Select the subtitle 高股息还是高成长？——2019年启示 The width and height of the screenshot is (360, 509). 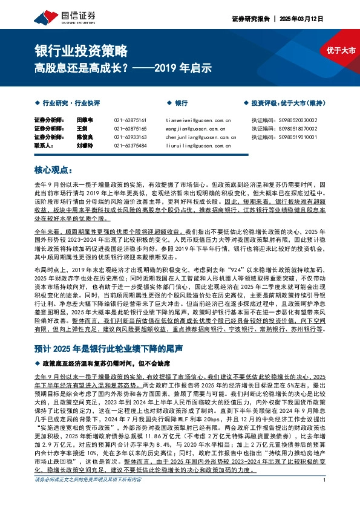[x=123, y=68]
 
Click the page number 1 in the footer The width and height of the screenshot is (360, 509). [x=325, y=498]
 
